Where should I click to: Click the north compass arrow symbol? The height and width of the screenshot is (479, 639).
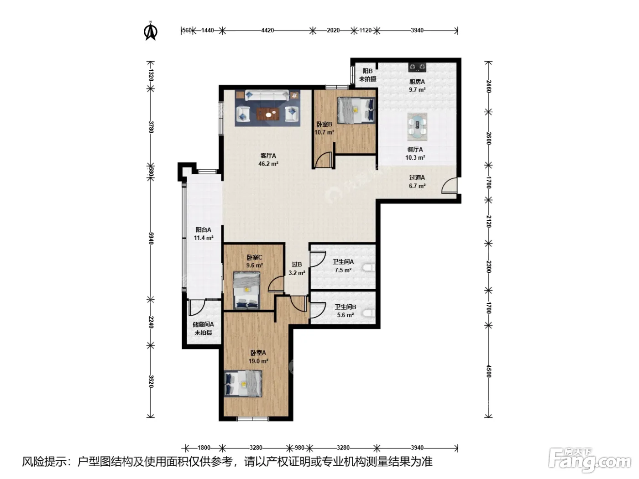coord(151,31)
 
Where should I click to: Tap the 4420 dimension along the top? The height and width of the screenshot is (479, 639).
coord(267,30)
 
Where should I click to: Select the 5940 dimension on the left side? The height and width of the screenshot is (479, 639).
coord(151,238)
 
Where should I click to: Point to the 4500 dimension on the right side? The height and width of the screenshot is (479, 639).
coord(488,371)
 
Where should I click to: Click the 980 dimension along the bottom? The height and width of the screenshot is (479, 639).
coord(299,448)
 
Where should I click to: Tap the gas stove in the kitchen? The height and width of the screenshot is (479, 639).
coord(417,67)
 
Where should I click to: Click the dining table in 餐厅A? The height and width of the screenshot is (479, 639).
coord(417,127)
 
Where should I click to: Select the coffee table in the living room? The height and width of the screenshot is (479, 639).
coord(268,114)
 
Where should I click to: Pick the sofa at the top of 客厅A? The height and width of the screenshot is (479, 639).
coord(267,95)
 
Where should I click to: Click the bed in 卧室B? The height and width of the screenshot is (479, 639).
coord(356,110)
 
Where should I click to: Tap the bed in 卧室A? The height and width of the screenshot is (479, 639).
coord(243,383)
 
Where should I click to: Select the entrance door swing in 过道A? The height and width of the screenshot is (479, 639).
coord(449,186)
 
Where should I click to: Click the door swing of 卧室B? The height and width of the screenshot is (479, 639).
coord(324,160)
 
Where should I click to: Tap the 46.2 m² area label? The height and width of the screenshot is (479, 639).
coord(268,164)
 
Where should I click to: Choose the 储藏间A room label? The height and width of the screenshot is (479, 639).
coord(203,324)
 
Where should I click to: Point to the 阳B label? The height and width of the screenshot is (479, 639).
coord(367,71)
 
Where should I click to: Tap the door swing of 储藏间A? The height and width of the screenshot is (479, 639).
coord(197,307)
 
